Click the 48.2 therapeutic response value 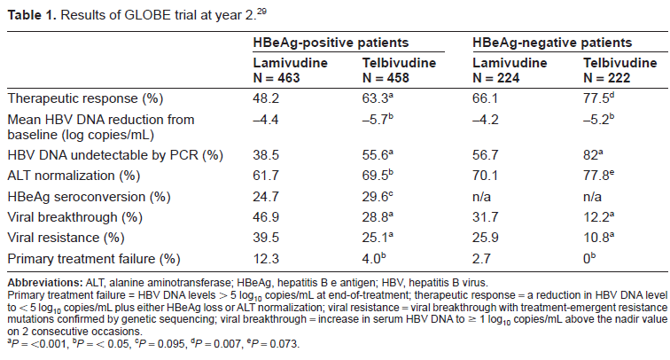point(266,98)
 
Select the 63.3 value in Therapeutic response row point(375,98)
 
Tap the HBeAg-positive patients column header point(331,43)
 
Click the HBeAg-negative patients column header point(552,43)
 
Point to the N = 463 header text point(277,78)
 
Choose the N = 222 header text point(607,78)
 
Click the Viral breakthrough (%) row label point(75,217)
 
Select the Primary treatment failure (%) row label point(94,259)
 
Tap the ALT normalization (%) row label point(74,176)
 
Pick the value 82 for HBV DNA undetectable point(590,155)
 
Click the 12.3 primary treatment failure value point(266,259)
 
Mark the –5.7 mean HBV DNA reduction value point(375,120)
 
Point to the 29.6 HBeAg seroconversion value point(375,197)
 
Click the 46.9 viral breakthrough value point(266,217)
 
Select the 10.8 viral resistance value point(596,238)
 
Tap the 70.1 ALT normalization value point(485,176)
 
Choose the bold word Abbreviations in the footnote point(45,283)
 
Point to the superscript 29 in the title point(261,12)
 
